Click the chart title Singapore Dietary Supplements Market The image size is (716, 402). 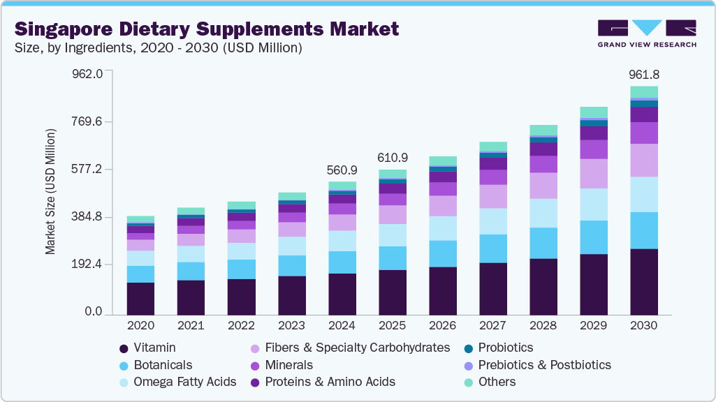point(207,29)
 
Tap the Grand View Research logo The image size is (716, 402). point(647,33)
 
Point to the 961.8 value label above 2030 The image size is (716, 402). point(644,75)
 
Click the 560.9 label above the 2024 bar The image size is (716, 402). point(342,170)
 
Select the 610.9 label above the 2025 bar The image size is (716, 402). point(393,158)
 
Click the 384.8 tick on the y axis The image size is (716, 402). point(88,217)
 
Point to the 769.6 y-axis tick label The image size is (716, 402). point(88,121)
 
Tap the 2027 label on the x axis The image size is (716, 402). point(493,326)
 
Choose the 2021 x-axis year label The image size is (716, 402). point(191,326)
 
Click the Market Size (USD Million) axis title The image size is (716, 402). point(50,191)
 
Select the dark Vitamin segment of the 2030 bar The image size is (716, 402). point(644,282)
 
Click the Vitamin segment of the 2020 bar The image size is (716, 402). point(140,299)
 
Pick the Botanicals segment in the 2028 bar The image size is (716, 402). point(543,243)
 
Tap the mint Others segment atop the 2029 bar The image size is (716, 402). point(594,112)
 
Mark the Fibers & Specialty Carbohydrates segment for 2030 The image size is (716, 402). point(644,160)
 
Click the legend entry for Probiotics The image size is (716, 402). point(505,348)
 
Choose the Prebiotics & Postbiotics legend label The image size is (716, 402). point(544,365)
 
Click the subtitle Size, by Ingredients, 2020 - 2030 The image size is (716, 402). point(159,48)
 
